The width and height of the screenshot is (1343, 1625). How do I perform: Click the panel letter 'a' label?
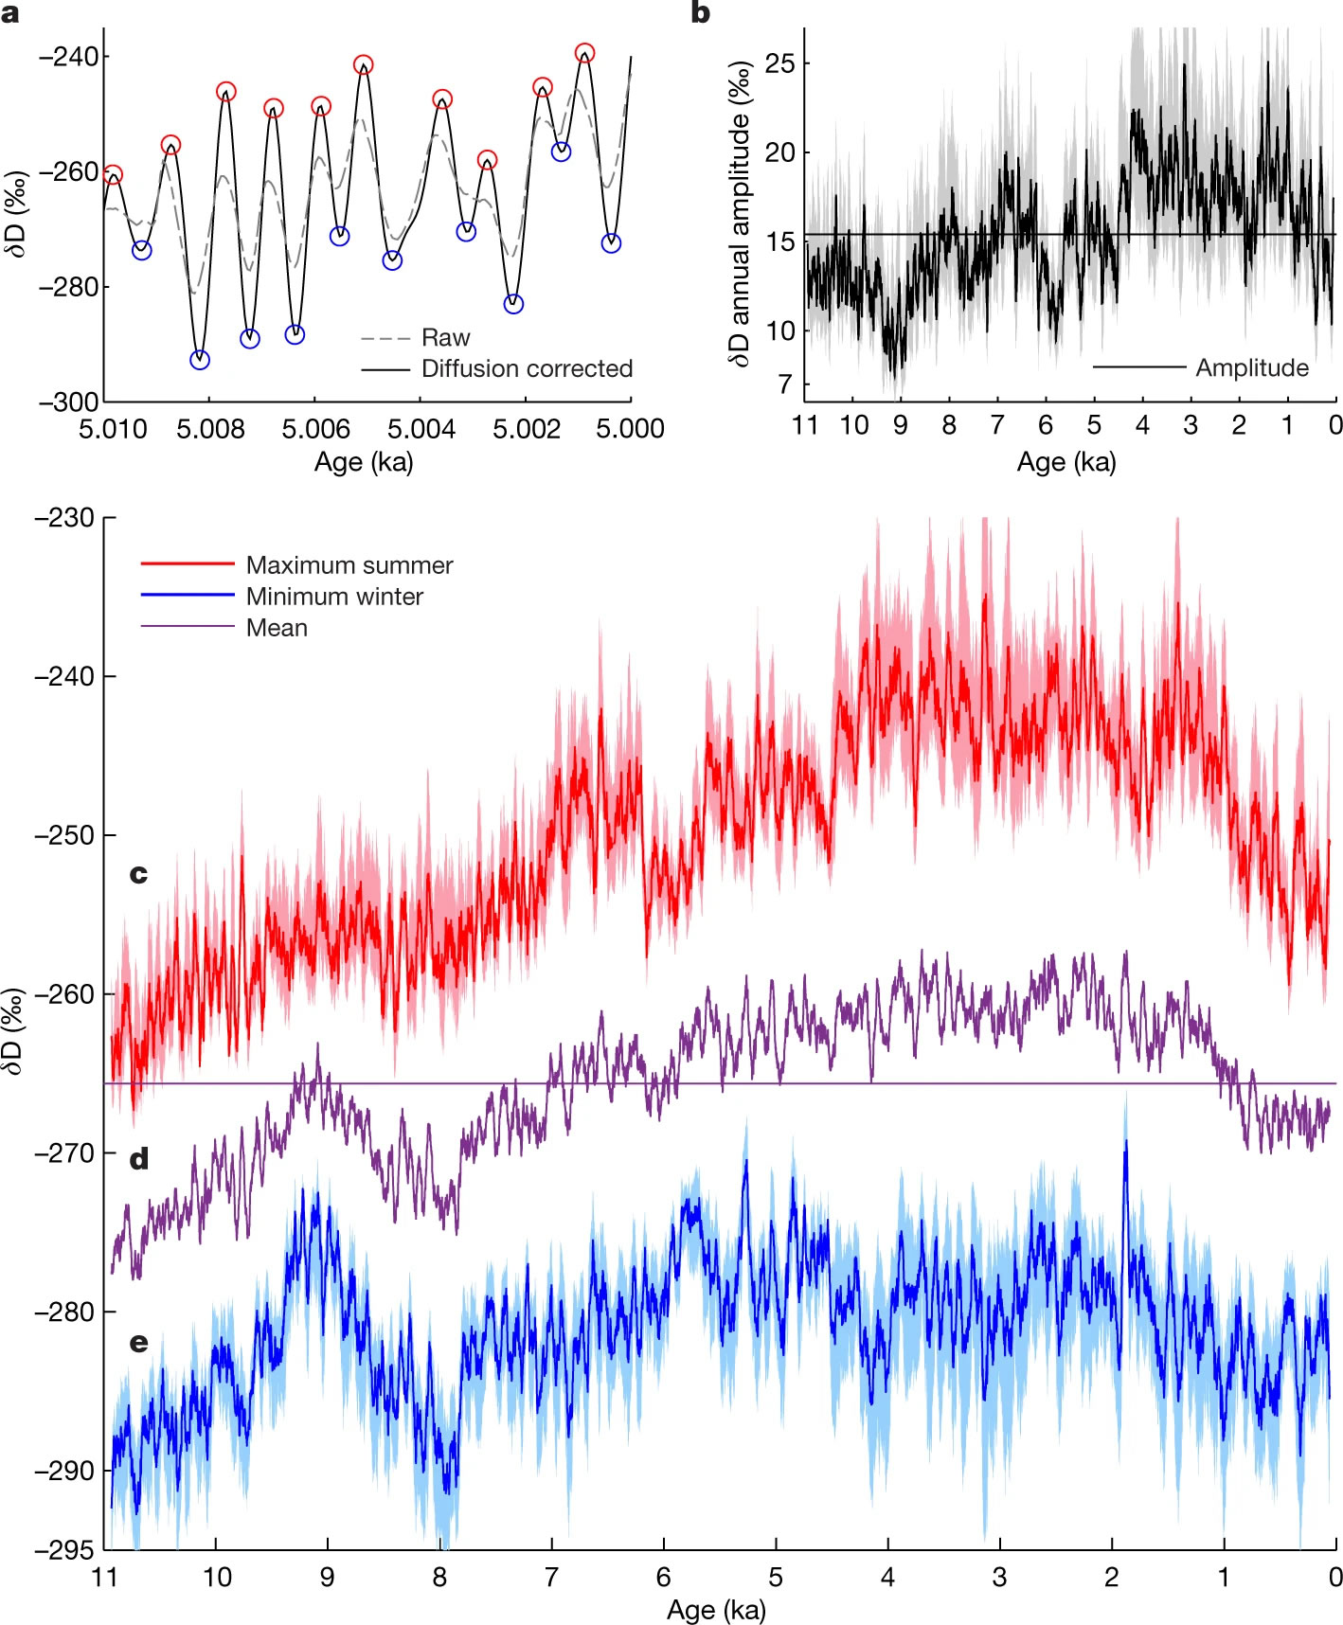tap(10, 12)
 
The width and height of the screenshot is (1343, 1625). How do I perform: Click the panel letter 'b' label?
tap(700, 12)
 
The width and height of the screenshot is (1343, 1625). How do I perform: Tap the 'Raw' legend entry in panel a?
tap(445, 338)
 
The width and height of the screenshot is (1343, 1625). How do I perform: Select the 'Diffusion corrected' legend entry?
tap(527, 368)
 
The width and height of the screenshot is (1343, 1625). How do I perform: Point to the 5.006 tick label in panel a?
tap(315, 429)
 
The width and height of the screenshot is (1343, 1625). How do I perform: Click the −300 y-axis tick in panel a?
tap(68, 402)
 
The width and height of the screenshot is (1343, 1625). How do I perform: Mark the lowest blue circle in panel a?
tap(200, 360)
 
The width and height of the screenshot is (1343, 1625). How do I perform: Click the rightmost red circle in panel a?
tap(584, 53)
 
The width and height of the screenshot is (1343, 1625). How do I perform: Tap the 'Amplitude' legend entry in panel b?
tap(1251, 367)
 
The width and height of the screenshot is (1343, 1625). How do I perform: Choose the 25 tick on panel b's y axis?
tap(780, 63)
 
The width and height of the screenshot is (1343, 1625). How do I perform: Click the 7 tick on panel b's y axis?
tap(785, 384)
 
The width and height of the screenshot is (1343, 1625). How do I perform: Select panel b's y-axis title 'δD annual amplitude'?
tap(741, 213)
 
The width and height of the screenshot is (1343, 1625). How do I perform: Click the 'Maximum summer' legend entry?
tap(349, 565)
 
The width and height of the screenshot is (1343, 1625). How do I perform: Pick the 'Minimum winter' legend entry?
tap(333, 597)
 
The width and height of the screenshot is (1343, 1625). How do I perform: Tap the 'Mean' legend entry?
tap(277, 628)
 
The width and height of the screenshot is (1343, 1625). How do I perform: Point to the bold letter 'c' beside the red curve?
tap(138, 873)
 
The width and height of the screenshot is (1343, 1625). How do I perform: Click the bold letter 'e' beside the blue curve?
tap(138, 1342)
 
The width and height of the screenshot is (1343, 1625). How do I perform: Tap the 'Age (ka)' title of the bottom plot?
tap(716, 1610)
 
